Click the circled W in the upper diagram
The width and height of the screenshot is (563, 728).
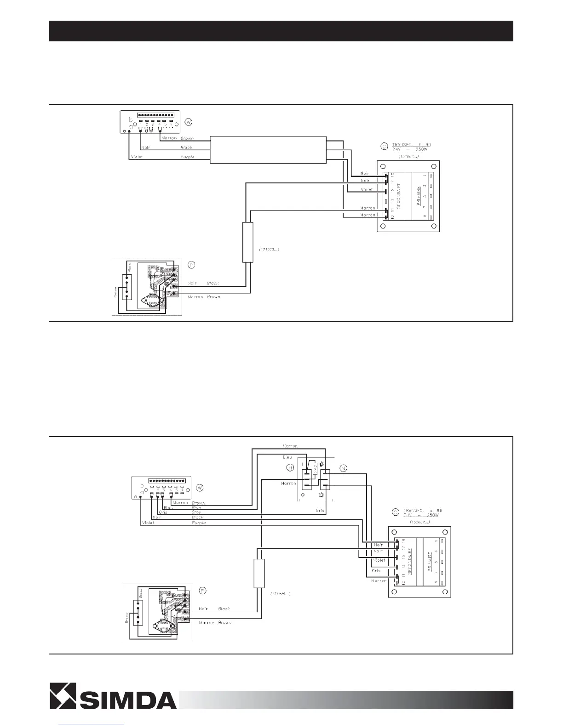188,122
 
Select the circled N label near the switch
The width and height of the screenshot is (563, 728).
343,468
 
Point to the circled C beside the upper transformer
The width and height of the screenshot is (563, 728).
384,147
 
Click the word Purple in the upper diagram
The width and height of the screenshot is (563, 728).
187,157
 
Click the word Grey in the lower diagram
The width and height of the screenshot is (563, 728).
196,512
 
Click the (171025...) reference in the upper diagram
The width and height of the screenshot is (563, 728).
266,249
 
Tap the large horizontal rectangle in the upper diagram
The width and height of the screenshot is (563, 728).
268,149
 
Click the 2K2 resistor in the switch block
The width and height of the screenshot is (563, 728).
315,469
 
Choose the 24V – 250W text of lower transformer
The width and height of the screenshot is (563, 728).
421,515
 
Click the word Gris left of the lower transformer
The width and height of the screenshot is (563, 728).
376,570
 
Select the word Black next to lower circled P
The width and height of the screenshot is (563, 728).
224,609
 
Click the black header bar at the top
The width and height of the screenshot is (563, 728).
281,31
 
